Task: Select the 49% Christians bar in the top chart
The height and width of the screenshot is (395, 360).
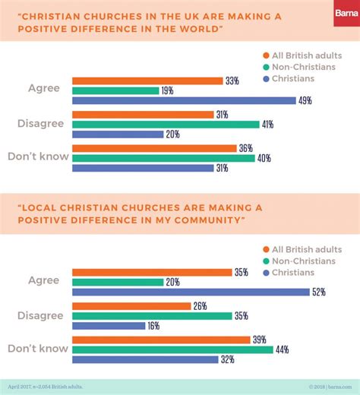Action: [x=183, y=100]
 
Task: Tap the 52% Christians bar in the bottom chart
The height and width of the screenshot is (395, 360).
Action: [x=190, y=292]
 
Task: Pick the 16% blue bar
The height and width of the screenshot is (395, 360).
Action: [x=109, y=326]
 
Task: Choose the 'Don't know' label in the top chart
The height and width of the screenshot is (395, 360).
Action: [x=38, y=157]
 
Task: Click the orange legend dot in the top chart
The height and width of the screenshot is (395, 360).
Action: [x=265, y=55]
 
